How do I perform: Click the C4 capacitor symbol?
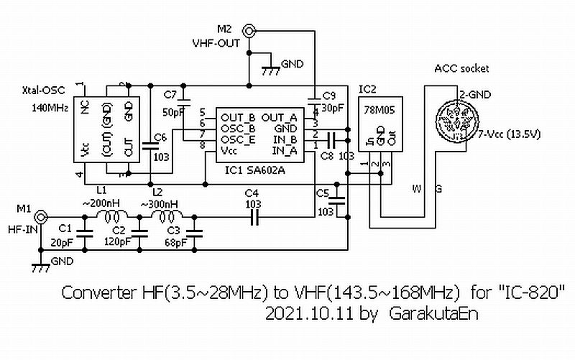(253, 216)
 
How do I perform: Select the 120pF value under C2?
(119, 242)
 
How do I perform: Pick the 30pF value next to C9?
(333, 109)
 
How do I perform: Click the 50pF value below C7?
(172, 114)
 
